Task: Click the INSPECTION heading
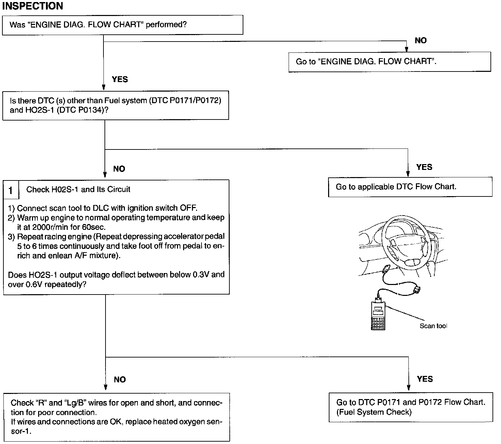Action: [33, 6]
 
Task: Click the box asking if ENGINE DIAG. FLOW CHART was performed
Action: [123, 25]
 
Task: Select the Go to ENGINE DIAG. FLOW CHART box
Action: [389, 62]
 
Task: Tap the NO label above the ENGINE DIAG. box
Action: [421, 41]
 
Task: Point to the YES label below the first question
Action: [120, 79]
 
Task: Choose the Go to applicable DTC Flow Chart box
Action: [410, 187]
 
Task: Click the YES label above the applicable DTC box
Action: [424, 167]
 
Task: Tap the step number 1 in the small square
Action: [11, 190]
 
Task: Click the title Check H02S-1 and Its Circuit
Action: [78, 190]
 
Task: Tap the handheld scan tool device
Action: [378, 315]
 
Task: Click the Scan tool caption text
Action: [433, 326]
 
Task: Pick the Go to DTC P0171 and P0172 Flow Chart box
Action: [411, 407]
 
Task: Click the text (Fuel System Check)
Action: [374, 412]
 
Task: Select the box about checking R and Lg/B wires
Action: [116, 417]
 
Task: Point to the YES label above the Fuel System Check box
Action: [425, 379]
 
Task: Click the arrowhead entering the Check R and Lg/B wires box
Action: [106, 387]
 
